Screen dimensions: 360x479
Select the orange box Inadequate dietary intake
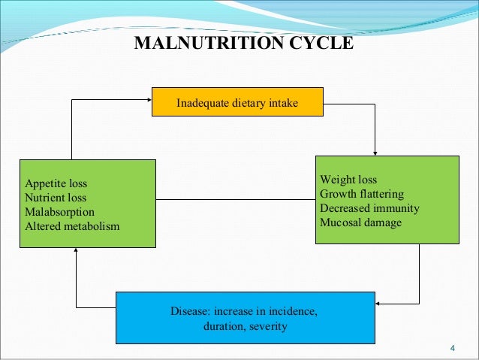tap(237, 101)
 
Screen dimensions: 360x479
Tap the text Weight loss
tap(348, 180)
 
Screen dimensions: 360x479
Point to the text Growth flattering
tap(362, 195)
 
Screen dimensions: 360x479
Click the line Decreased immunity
tap(369, 208)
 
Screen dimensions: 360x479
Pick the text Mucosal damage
tap(360, 222)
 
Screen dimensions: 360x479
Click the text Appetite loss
tap(56, 183)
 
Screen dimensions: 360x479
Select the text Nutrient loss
tap(56, 198)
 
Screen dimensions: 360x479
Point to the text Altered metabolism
tap(72, 226)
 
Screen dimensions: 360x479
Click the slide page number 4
tap(452, 347)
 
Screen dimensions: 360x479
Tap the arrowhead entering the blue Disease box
tap(377, 304)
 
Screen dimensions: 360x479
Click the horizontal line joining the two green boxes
tap(235, 199)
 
